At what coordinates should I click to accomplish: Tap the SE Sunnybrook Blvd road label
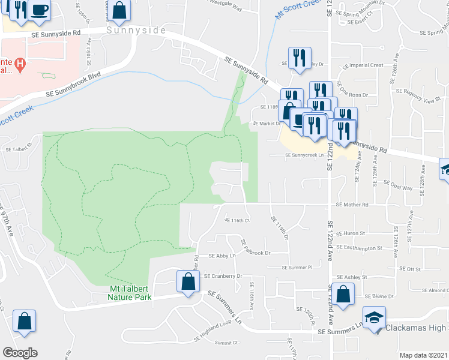(x=72, y=86)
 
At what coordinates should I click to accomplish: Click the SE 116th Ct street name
(x=236, y=220)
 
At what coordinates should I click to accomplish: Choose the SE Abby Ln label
(x=221, y=255)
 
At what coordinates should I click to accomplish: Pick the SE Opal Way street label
(x=399, y=188)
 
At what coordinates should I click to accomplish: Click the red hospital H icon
(x=20, y=63)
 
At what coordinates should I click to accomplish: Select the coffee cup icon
(x=40, y=11)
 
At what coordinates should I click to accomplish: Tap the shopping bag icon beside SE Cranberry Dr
(x=188, y=282)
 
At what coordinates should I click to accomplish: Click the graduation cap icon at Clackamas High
(x=375, y=318)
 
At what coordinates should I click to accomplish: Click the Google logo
(x=20, y=353)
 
